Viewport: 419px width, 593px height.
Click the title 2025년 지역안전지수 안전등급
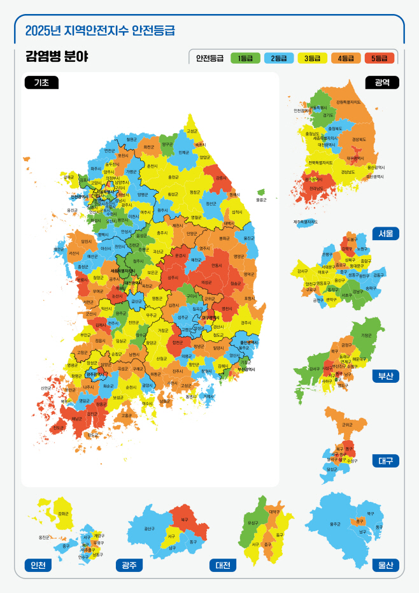click(100, 30)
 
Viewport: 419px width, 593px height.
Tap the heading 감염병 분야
click(57, 57)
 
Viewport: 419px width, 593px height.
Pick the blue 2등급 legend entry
click(278, 58)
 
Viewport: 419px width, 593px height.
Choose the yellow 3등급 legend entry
click(312, 58)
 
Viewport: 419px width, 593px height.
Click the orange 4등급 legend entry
click(345, 58)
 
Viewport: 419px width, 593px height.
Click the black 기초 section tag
click(41, 82)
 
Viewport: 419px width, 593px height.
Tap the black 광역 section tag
click(382, 82)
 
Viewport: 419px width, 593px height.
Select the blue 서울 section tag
click(386, 233)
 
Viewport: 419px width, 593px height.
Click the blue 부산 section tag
click(386, 376)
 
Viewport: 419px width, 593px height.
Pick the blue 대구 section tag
click(386, 461)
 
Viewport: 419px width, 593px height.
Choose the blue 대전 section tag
click(223, 565)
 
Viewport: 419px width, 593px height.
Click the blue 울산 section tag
click(386, 565)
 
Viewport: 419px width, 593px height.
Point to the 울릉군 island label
click(261, 200)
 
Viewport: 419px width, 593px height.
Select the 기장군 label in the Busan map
click(367, 335)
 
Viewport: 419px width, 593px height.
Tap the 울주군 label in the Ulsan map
click(335, 524)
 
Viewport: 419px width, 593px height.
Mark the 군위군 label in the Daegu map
click(346, 424)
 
